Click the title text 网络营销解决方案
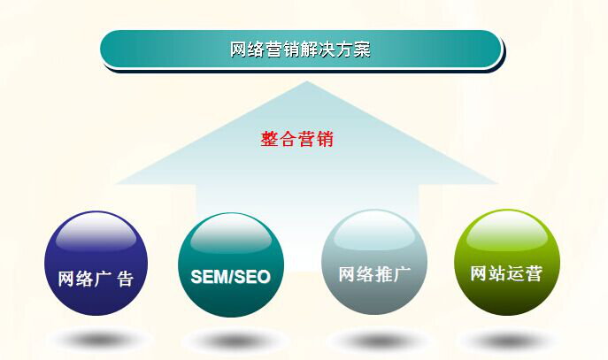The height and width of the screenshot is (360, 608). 300,50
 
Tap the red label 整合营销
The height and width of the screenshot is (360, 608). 297,139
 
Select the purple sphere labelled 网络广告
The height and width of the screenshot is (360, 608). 96,263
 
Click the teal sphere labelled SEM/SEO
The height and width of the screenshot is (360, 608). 231,264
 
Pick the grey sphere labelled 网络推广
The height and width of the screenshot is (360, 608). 374,262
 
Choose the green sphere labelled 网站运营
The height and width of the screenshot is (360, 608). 507,262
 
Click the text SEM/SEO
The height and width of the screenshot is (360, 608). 231,277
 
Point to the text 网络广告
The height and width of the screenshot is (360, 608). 96,279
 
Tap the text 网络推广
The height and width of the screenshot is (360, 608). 374,272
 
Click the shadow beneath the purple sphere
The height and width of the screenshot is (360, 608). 97,339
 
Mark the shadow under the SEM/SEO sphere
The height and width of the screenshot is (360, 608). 233,340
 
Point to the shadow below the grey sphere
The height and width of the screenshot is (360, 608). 376,340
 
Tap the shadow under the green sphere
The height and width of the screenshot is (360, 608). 508,340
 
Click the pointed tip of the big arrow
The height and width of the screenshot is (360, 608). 306,84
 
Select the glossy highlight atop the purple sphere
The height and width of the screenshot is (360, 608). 96,233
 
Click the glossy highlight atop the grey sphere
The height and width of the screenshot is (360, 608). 374,232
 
